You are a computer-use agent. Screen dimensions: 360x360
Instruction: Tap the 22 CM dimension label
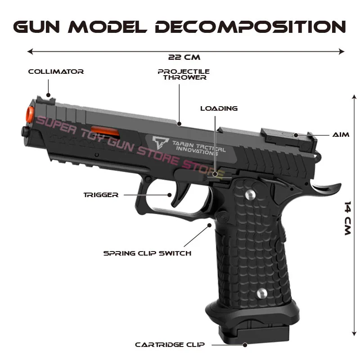point(184,57)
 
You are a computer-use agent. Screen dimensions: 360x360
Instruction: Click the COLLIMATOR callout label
point(56,72)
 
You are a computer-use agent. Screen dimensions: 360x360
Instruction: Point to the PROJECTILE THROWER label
point(184,74)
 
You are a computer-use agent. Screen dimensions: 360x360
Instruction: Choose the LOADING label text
point(219,108)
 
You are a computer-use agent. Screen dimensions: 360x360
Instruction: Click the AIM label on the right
point(341,135)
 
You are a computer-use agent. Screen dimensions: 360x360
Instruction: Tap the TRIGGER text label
point(101,195)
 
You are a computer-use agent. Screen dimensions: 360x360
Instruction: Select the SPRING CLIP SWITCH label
point(147,253)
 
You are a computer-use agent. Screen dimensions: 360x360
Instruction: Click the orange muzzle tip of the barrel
point(30,114)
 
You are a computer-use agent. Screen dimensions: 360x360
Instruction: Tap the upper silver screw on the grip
point(251,194)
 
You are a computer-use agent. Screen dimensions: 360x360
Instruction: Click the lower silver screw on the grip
point(262,293)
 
